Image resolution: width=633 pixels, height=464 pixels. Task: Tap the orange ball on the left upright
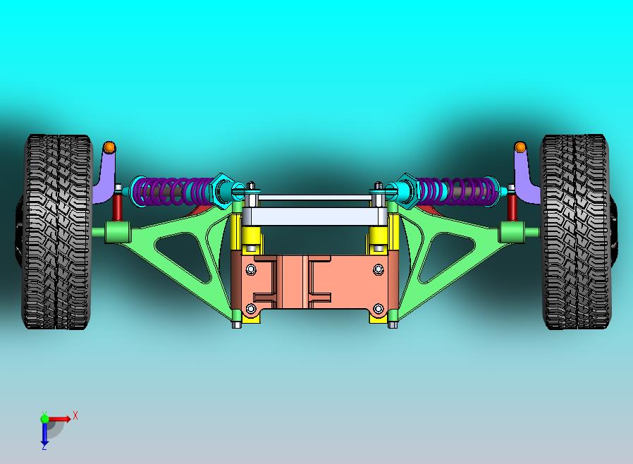point(109,147)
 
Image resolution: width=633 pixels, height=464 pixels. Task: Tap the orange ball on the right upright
point(520,147)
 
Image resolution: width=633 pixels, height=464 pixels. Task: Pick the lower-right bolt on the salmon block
point(379,309)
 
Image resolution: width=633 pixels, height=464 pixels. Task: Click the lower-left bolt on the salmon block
point(250,309)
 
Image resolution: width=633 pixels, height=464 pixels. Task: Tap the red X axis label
point(75,415)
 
